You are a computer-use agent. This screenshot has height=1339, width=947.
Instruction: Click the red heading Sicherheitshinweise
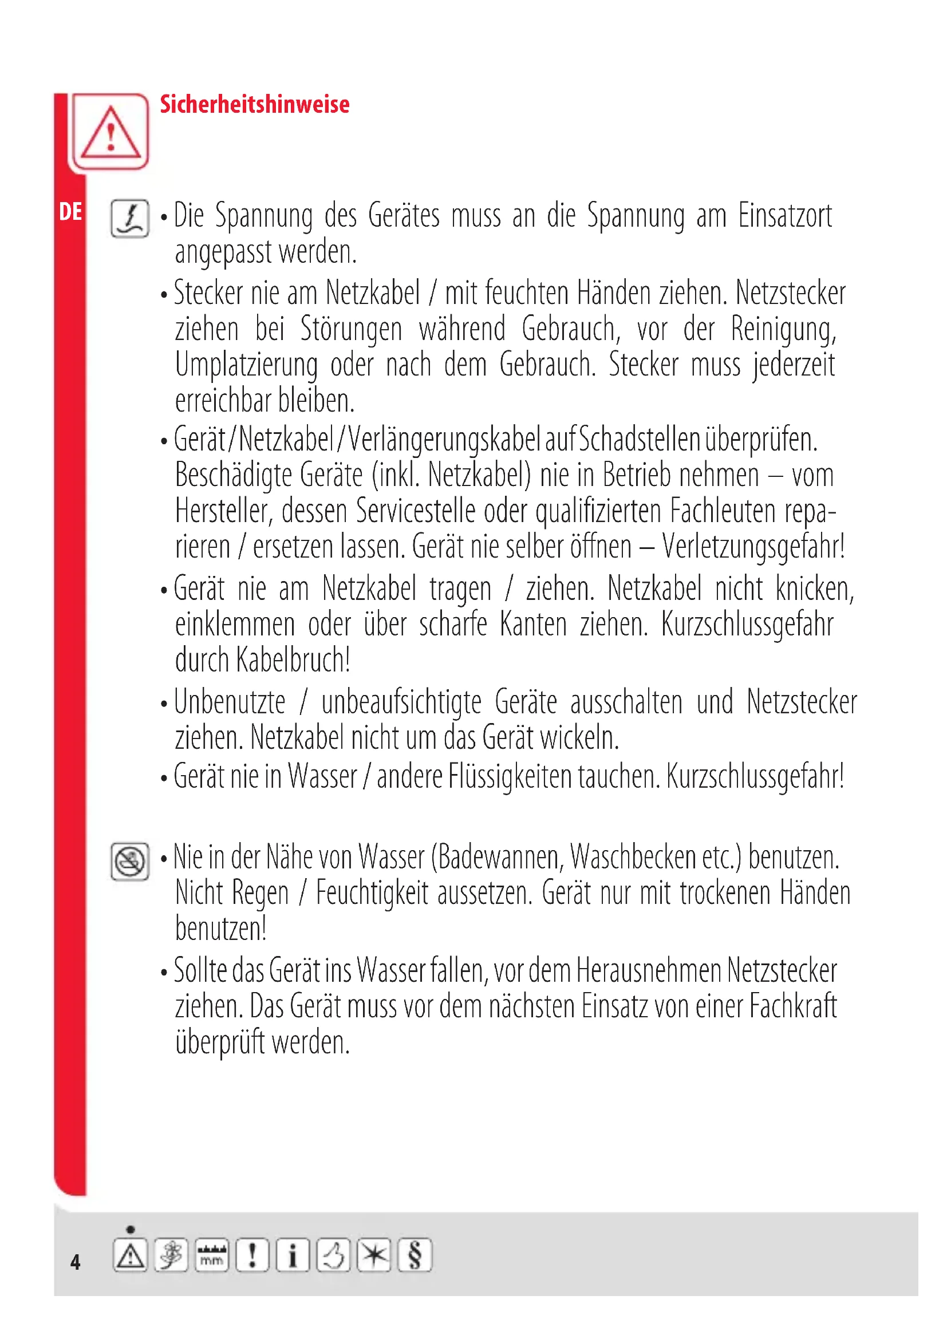point(254,105)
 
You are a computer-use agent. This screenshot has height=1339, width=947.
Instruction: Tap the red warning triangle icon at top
point(110,132)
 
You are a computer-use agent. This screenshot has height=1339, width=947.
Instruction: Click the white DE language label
point(70,212)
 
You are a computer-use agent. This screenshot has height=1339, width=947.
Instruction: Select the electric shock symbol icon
point(130,219)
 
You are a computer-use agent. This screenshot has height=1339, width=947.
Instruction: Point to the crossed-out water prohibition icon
point(130,862)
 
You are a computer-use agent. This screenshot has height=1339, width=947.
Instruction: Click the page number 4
point(75,1262)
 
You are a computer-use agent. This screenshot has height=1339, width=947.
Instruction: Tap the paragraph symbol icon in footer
point(415,1255)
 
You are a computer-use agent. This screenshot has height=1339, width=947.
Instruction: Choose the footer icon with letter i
point(293,1255)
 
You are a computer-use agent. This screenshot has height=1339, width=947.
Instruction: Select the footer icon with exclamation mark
point(252,1255)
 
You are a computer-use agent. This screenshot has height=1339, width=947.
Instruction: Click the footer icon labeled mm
point(212,1255)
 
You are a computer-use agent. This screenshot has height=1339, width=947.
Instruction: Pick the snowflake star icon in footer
point(374,1255)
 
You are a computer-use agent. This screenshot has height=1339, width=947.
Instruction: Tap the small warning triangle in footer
point(130,1255)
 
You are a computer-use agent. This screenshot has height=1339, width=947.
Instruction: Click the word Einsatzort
point(785,216)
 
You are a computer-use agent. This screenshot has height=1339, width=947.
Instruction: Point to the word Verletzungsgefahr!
point(753,547)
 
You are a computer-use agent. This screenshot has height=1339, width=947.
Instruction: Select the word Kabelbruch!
point(293,660)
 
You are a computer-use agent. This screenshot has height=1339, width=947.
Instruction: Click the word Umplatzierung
point(247,366)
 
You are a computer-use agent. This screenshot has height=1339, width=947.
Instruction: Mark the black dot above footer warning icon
point(130,1229)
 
